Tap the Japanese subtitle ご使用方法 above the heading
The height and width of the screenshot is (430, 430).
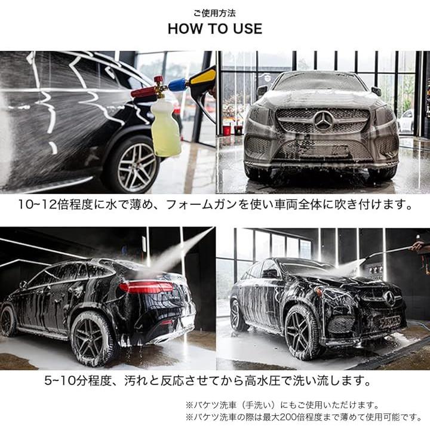[215, 13]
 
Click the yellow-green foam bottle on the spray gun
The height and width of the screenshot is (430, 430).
[165, 127]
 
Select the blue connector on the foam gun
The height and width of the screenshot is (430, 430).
[178, 84]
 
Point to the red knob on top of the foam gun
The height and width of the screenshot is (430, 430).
[158, 80]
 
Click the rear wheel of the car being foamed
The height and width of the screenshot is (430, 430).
[134, 165]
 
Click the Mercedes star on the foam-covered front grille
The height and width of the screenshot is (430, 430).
[324, 121]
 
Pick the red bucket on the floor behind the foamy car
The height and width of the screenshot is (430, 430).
[226, 131]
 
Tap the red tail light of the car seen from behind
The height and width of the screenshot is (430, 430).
[146, 287]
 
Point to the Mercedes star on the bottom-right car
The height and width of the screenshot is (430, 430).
[389, 299]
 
